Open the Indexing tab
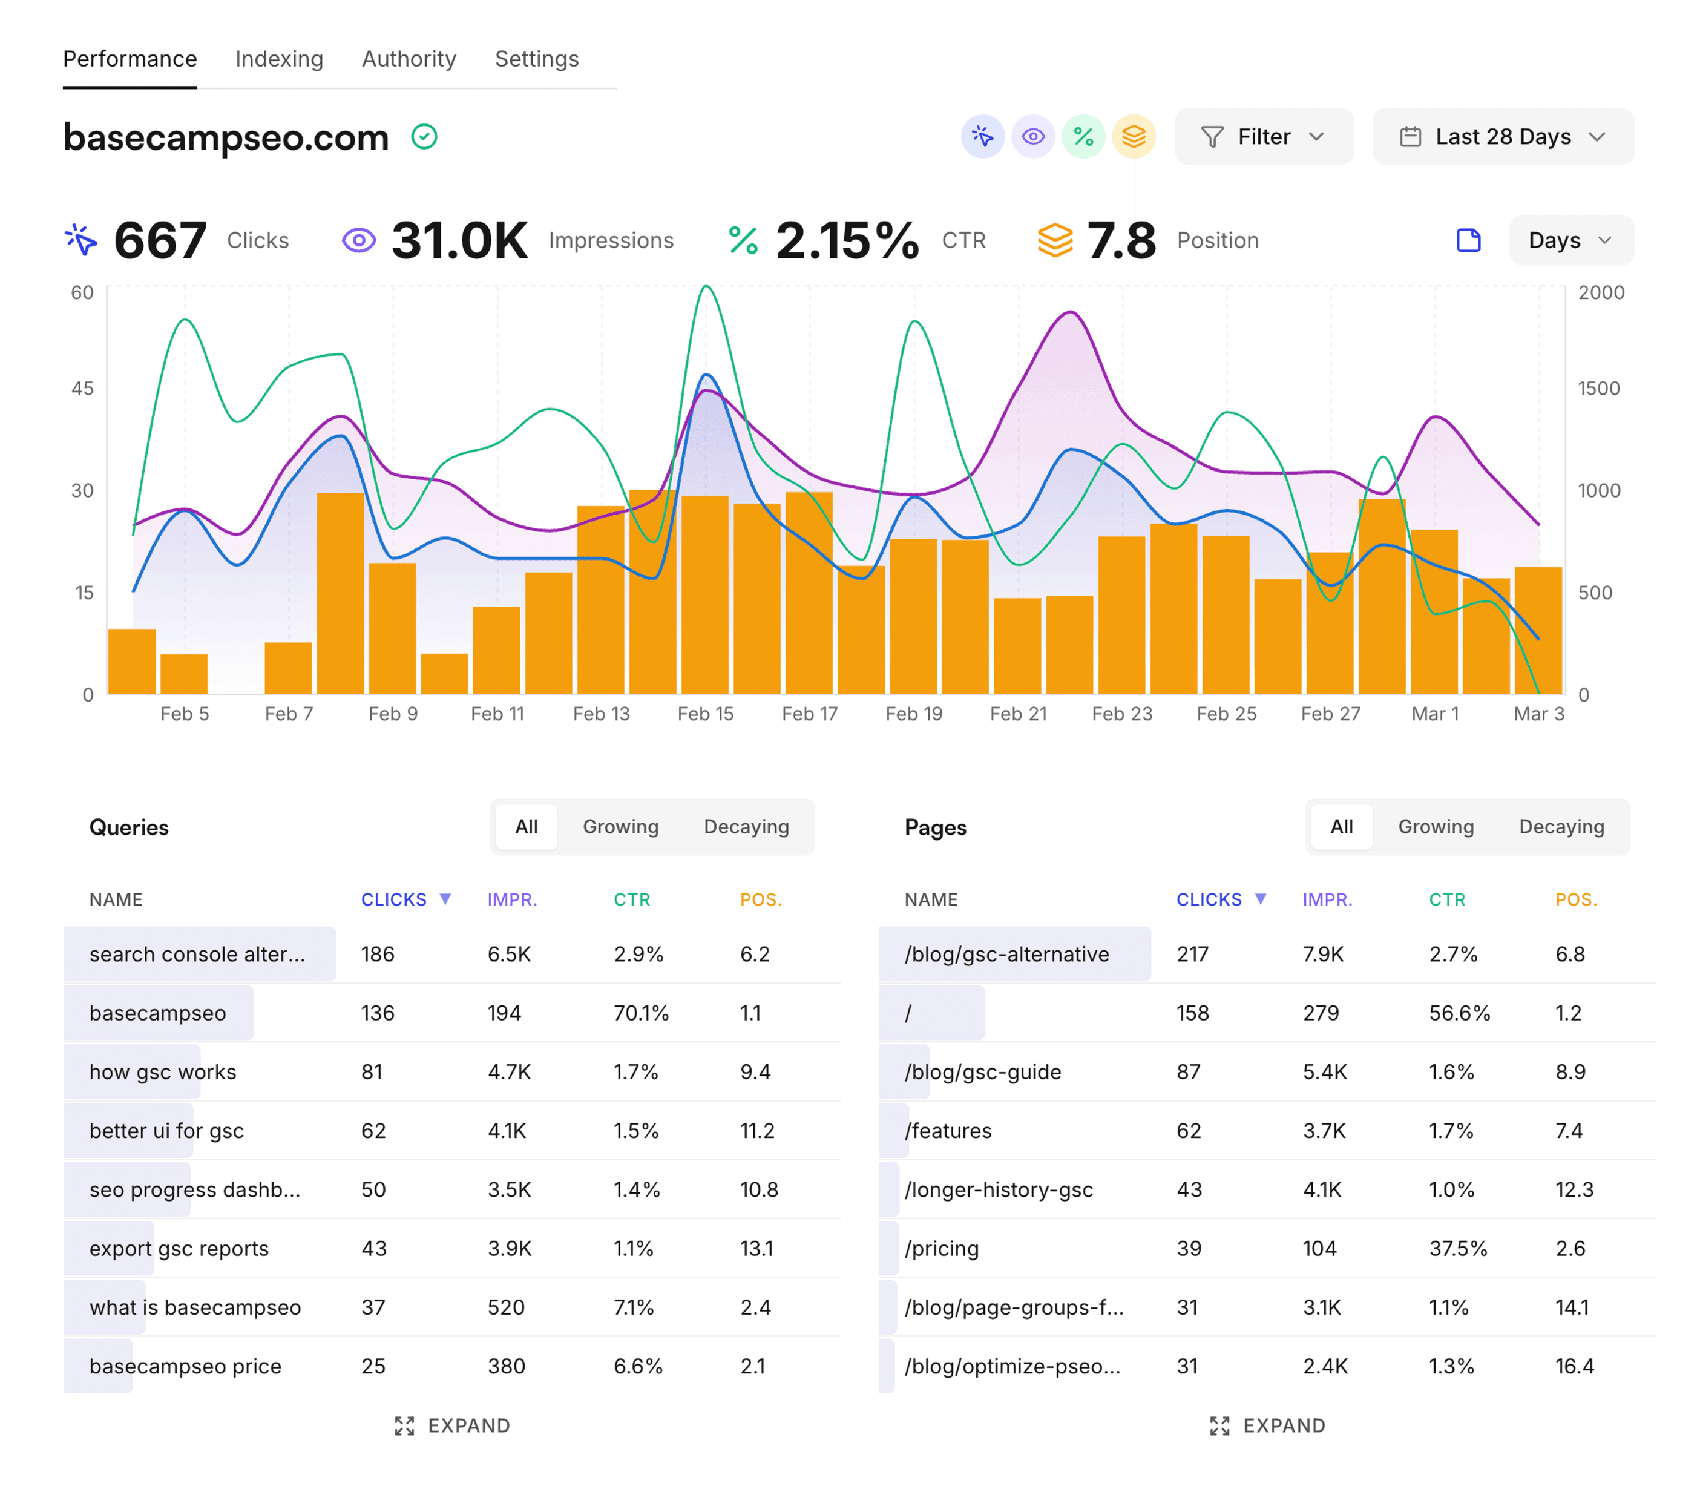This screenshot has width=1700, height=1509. coord(278,59)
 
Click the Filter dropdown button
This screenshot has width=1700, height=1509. coord(1262,136)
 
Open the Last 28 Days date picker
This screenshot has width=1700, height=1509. coord(1502,136)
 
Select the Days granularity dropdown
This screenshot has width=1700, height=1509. coord(1569,240)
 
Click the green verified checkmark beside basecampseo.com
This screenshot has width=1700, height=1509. coord(424,136)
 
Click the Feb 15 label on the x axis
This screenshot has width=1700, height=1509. coord(704,714)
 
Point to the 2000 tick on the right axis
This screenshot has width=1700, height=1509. coord(1600,293)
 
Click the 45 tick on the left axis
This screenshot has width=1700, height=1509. coord(82,389)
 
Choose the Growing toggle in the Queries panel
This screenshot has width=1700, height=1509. coord(620,827)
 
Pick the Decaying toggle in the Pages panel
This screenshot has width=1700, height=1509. coord(1561,827)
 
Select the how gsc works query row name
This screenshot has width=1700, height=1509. coord(163,1072)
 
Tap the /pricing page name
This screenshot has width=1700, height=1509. coord(942,1249)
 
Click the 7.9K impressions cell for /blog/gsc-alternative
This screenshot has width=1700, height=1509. coord(1322,954)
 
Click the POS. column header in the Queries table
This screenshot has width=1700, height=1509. coord(760,899)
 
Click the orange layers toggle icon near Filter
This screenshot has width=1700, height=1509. coord(1134,136)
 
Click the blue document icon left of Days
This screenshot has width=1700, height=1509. coord(1469,240)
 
